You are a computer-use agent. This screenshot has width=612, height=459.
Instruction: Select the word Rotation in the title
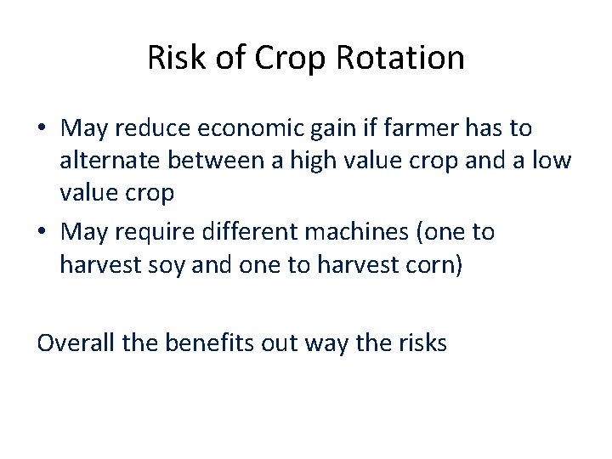point(400,58)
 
